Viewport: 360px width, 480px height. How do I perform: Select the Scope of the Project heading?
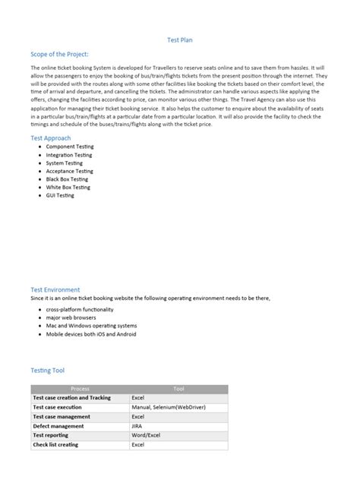(x=59, y=55)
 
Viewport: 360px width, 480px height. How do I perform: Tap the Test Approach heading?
(x=51, y=138)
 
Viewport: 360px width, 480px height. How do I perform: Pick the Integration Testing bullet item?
(x=66, y=155)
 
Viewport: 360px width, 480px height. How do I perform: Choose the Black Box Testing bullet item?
(x=65, y=179)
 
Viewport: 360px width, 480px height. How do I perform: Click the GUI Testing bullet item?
(x=60, y=195)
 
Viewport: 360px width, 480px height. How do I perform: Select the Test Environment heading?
(x=56, y=289)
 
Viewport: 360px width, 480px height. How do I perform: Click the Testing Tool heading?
(x=47, y=370)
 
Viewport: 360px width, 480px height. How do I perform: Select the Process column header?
(x=80, y=388)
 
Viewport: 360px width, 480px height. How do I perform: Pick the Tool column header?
(x=178, y=388)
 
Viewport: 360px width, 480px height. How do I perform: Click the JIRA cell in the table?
(x=137, y=426)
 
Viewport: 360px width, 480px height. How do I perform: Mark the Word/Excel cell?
(x=146, y=435)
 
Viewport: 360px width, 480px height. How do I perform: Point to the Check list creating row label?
(x=60, y=444)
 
